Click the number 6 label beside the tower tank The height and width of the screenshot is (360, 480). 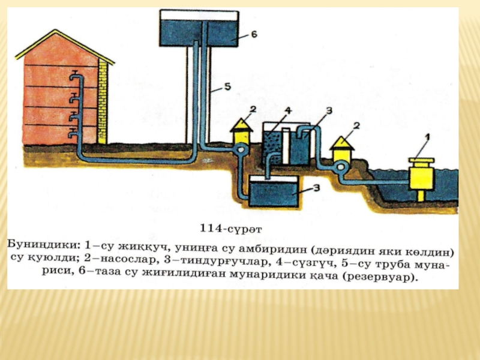(254, 35)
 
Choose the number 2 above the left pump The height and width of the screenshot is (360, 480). (253, 109)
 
